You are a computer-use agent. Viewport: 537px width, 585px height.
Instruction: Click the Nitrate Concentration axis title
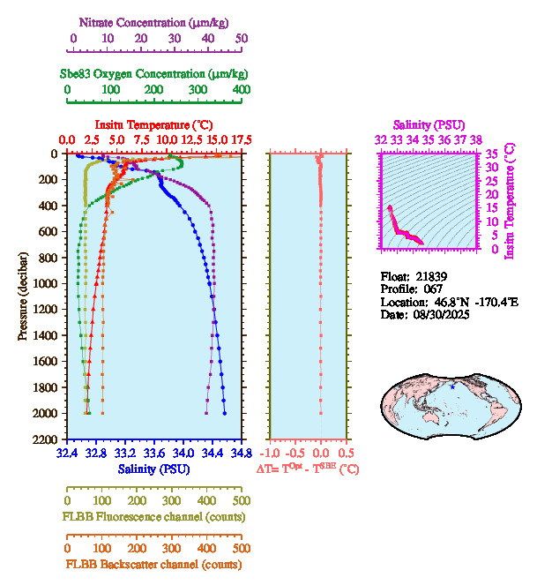click(x=155, y=21)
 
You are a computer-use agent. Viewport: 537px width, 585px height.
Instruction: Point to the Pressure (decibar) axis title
click(x=23, y=296)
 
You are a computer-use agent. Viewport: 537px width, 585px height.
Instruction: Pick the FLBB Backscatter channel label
click(x=153, y=564)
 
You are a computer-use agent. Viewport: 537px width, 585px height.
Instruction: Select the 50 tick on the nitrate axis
click(x=242, y=39)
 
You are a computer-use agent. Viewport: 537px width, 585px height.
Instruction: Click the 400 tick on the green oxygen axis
click(x=241, y=90)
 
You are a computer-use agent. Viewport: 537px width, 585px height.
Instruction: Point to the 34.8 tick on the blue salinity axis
click(x=241, y=454)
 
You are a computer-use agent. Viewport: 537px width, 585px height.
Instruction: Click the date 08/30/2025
click(x=439, y=314)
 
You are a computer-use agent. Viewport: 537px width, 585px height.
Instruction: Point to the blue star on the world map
click(x=452, y=386)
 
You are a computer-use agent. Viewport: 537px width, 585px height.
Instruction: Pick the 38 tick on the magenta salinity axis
click(x=476, y=139)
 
